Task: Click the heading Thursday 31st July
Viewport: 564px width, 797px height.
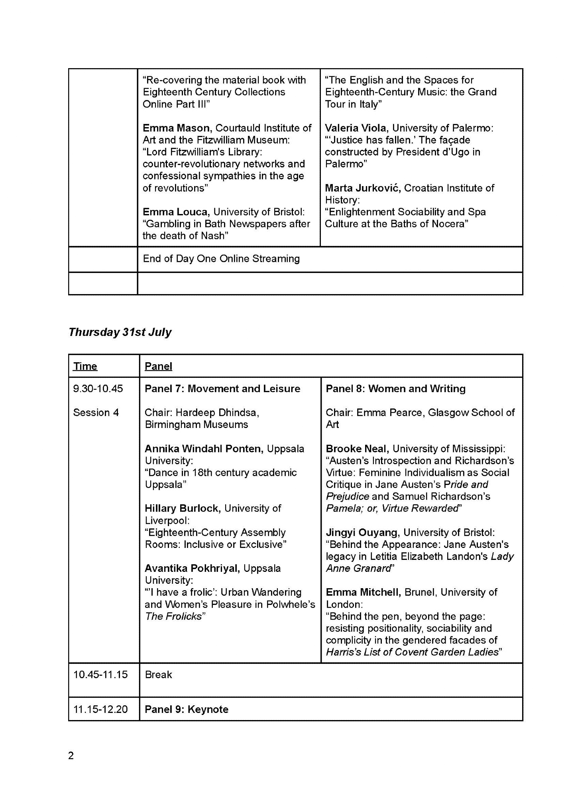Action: tap(120, 332)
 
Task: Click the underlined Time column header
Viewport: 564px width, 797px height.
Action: tap(85, 366)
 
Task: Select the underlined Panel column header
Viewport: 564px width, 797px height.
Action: tap(158, 366)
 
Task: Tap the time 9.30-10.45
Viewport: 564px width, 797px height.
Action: tap(98, 389)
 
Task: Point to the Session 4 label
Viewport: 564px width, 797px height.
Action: tap(96, 412)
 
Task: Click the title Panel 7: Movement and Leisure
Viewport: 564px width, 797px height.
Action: tap(222, 389)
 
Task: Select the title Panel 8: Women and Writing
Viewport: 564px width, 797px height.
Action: tap(395, 389)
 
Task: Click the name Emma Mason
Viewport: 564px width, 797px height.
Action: tap(176, 128)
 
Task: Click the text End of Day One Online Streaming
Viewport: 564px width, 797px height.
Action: tap(221, 259)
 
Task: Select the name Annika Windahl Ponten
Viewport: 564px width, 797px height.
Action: tap(204, 449)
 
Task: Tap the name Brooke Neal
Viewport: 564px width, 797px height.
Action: tap(357, 449)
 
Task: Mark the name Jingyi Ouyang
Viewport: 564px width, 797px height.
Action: tap(362, 532)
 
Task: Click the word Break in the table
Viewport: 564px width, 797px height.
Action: tap(158, 675)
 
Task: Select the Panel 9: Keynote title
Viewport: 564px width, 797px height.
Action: tap(186, 709)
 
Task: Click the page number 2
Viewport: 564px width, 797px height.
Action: tap(71, 756)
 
